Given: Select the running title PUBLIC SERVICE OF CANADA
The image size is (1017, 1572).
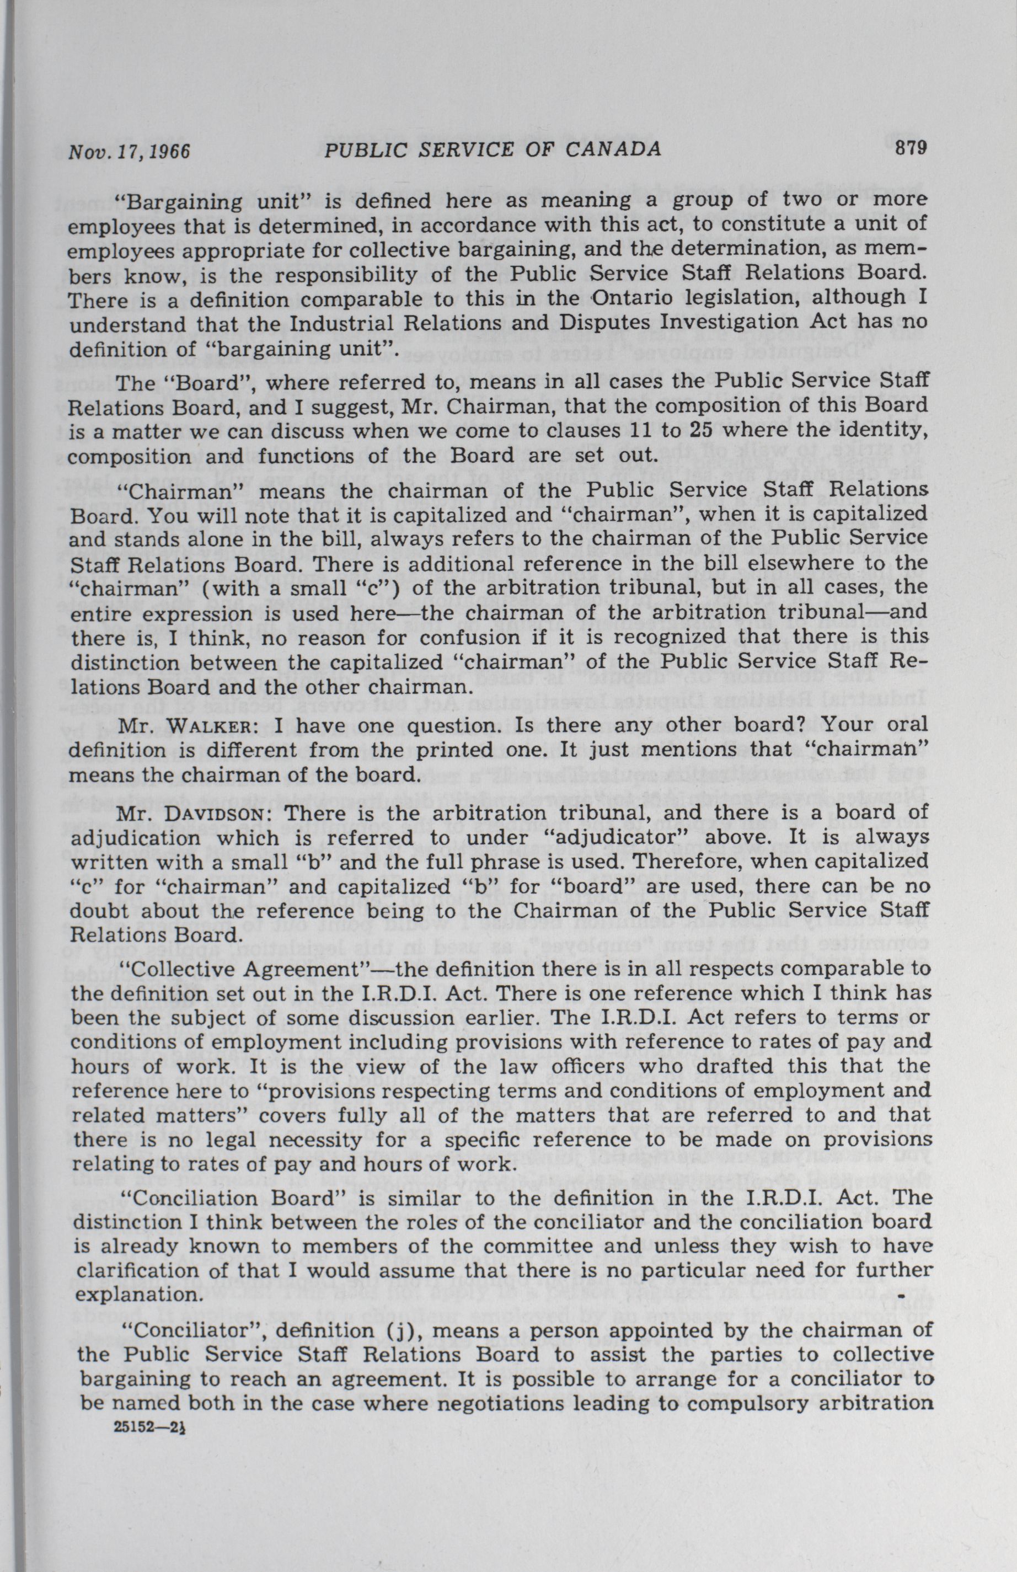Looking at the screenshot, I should point(494,150).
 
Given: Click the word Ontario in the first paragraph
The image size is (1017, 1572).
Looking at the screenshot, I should point(631,298).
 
